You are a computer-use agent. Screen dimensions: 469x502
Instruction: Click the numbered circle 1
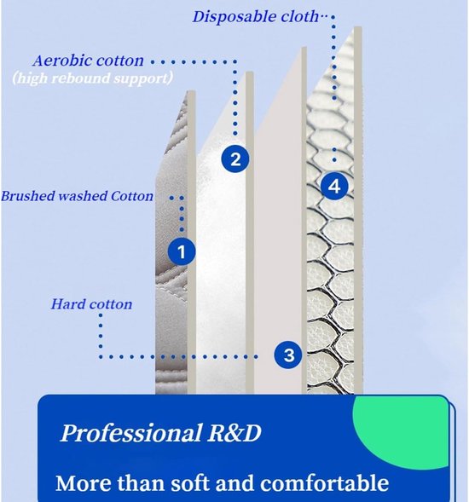point(182,251)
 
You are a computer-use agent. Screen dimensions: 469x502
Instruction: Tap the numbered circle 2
point(235,159)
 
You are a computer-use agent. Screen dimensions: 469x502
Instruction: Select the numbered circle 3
point(288,355)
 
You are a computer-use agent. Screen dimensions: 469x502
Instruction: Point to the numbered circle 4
point(334,187)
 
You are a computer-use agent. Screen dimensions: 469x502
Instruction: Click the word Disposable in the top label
point(234,17)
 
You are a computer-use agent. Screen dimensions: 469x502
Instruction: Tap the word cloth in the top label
point(300,16)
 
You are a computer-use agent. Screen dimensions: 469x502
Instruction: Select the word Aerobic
point(60,61)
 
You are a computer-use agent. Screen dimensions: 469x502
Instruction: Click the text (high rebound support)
point(93,78)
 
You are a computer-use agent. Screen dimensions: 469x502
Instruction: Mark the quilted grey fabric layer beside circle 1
point(172,288)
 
